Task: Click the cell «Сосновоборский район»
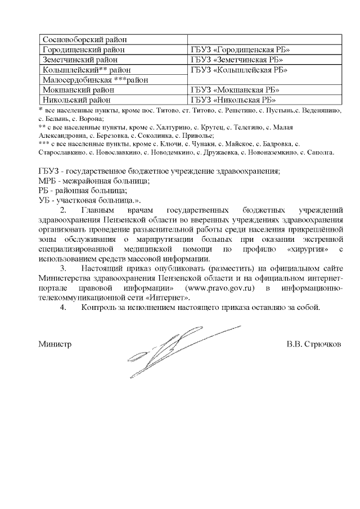pyautogui.click(x=85, y=40)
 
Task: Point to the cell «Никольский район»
pyautogui.click(x=76, y=100)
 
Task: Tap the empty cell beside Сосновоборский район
pyautogui.click(x=264, y=40)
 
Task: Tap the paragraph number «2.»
pyautogui.click(x=63, y=210)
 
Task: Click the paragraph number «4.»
pyautogui.click(x=63, y=308)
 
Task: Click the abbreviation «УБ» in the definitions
pyautogui.click(x=44, y=200)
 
